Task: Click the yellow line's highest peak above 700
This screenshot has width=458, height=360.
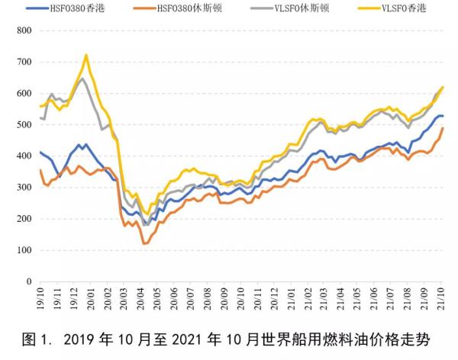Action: click(x=85, y=55)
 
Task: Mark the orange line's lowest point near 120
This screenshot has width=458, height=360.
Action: click(x=144, y=243)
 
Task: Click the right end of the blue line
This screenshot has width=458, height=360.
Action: click(x=443, y=116)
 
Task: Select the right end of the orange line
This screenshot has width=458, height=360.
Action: click(x=443, y=128)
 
